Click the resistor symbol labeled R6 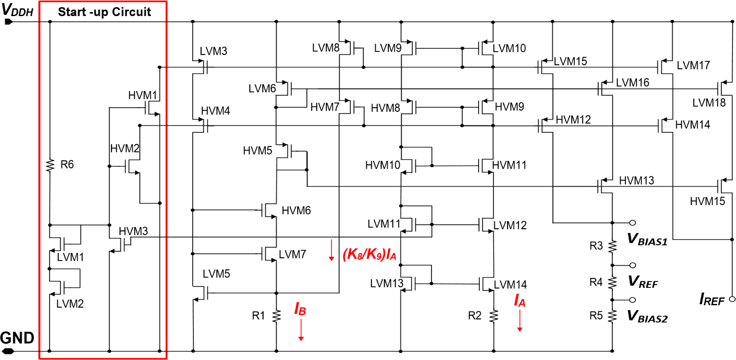(x=50, y=165)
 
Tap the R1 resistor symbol (x=276, y=316)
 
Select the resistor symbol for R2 (x=494, y=316)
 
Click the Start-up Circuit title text (x=104, y=12)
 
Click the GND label (x=17, y=338)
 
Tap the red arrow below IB (x=301, y=330)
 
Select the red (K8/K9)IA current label (x=369, y=255)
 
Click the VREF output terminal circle (x=632, y=265)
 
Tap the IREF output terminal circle (x=732, y=299)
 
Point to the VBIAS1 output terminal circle (x=632, y=223)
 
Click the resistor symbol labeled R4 (x=612, y=282)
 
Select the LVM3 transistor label (x=213, y=51)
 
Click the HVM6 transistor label (x=296, y=211)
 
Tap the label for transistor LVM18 (x=709, y=103)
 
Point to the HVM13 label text (x=636, y=180)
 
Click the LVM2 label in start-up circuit (x=70, y=304)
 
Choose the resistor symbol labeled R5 (x=612, y=316)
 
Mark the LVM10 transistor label (x=509, y=48)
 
